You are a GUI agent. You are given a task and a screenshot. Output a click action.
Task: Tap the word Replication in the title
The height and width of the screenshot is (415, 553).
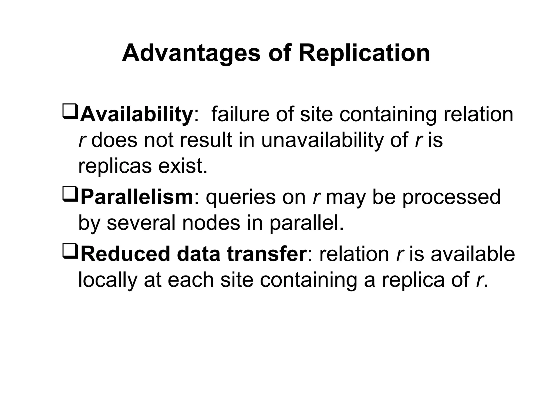pyautogui.click(x=364, y=53)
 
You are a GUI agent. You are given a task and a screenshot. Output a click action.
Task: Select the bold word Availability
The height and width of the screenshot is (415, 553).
pyautogui.click(x=136, y=115)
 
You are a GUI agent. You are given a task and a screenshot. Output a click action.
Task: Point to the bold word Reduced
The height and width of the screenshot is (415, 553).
pyautogui.click(x=125, y=254)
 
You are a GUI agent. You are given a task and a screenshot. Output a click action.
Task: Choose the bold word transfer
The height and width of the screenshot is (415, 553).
pyautogui.click(x=267, y=254)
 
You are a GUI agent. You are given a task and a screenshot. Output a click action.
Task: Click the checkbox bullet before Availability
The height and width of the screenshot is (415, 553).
pyautogui.click(x=70, y=111)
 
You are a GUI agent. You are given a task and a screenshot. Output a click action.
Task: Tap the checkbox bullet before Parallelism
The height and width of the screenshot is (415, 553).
pyautogui.click(x=70, y=194)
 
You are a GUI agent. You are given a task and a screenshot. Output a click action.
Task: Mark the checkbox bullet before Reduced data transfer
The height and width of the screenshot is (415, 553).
pyautogui.click(x=70, y=251)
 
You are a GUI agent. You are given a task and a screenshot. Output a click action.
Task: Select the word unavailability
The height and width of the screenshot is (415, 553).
pyautogui.click(x=322, y=140)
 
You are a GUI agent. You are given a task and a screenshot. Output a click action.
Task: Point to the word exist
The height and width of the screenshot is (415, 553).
pyautogui.click(x=183, y=166)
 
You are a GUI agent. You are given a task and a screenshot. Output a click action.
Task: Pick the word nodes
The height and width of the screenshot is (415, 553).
pyautogui.click(x=211, y=223)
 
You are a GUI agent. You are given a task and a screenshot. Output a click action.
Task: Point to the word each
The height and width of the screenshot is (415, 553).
pyautogui.click(x=191, y=280)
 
